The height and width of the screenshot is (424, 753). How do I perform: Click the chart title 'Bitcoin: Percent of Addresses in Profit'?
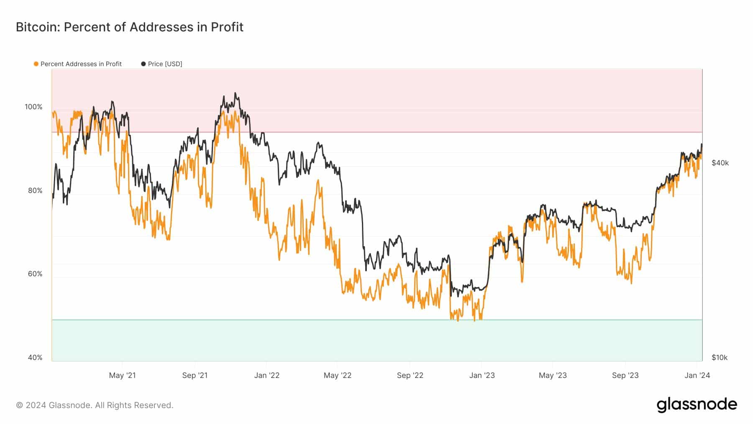130,27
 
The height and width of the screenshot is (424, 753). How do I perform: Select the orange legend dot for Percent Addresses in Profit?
36,64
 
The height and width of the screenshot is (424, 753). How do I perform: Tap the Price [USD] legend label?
165,64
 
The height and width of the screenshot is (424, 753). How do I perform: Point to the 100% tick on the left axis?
33,107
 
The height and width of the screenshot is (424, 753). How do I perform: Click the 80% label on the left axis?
35,190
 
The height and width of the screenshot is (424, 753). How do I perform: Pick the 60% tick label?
35,274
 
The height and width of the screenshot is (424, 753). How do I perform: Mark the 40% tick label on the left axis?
35,357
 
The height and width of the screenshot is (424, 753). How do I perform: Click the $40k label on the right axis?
720,163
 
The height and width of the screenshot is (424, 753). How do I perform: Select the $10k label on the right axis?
720,357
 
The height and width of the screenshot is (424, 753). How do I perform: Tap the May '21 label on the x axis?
122,375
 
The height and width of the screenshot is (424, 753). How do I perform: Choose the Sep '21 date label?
195,375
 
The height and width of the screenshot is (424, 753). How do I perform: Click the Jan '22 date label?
267,375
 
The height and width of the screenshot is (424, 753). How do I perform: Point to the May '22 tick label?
338,375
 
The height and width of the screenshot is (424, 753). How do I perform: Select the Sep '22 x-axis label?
410,375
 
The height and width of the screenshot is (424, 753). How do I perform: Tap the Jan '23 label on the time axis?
482,375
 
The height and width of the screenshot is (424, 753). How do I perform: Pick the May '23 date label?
553,375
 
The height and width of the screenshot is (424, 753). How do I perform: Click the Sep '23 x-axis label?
625,375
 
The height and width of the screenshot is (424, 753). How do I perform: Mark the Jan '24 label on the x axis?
697,375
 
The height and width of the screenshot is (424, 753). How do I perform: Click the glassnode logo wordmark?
697,405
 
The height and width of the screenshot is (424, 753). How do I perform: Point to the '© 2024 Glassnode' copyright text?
95,405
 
